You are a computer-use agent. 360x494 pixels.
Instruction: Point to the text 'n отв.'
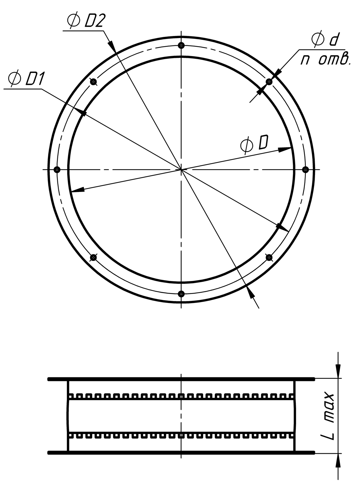coord(325,59)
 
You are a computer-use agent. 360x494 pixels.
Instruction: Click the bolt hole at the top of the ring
coord(181,46)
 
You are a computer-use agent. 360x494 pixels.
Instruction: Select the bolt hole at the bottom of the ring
coord(181,294)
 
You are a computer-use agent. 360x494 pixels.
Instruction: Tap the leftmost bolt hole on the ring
coord(57,170)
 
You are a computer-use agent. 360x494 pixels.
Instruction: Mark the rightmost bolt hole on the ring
coord(305,170)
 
